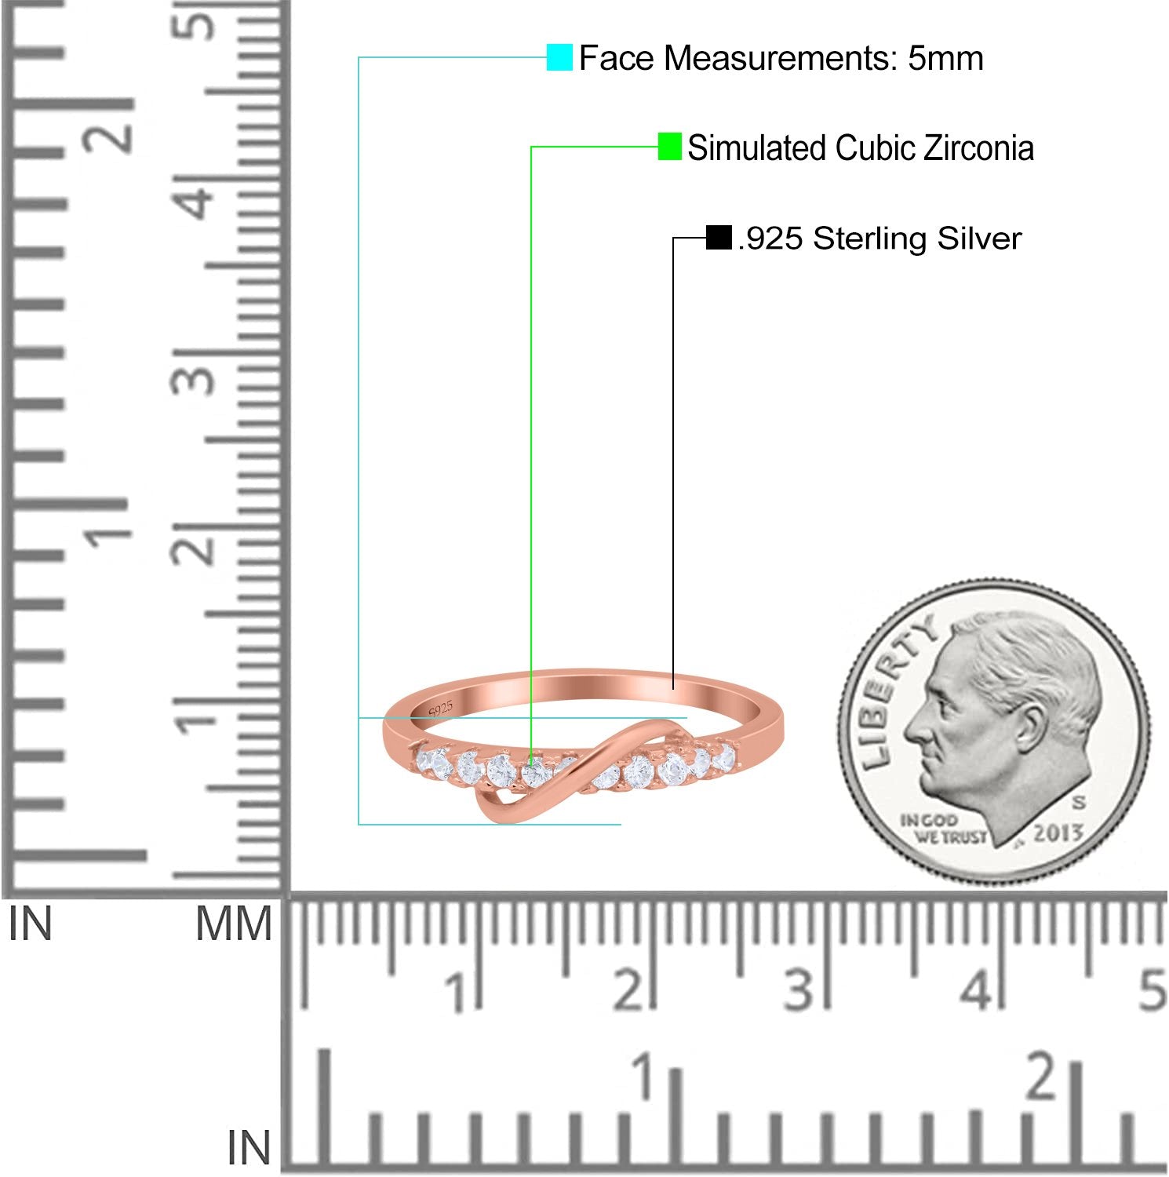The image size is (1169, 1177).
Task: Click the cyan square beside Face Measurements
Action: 559,57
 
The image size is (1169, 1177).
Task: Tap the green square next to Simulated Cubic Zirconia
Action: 669,147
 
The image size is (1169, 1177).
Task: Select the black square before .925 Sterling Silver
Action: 719,237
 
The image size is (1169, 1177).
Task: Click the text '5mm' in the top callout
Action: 945,59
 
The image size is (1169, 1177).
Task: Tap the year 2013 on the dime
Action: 1057,833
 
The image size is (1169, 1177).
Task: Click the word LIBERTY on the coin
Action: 894,691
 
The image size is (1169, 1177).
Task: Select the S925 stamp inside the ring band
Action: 441,709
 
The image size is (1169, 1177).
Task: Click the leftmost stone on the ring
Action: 434,762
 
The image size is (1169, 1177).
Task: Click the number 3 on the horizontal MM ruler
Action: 799,990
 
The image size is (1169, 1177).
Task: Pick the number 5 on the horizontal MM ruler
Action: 1152,990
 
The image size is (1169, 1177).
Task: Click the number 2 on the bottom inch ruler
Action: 1043,1078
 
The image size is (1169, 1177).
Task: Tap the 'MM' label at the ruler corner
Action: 234,924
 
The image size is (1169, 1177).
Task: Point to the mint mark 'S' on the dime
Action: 1080,803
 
